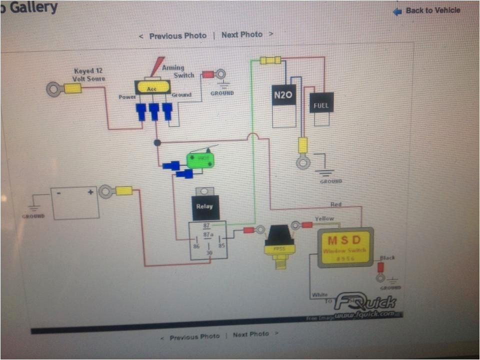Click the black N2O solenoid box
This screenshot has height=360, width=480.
tap(283, 95)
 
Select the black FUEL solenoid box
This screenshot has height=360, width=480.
tap(321, 103)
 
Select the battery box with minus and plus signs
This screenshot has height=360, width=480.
tap(75, 203)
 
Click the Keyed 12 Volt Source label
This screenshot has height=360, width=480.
tap(89, 74)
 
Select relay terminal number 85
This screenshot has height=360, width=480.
tap(221, 245)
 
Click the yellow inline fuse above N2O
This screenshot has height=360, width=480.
tap(270, 60)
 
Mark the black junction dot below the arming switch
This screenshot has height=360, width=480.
tap(157, 143)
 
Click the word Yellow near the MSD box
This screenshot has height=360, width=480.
tap(324, 218)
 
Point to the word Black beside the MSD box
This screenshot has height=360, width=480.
tap(387, 258)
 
